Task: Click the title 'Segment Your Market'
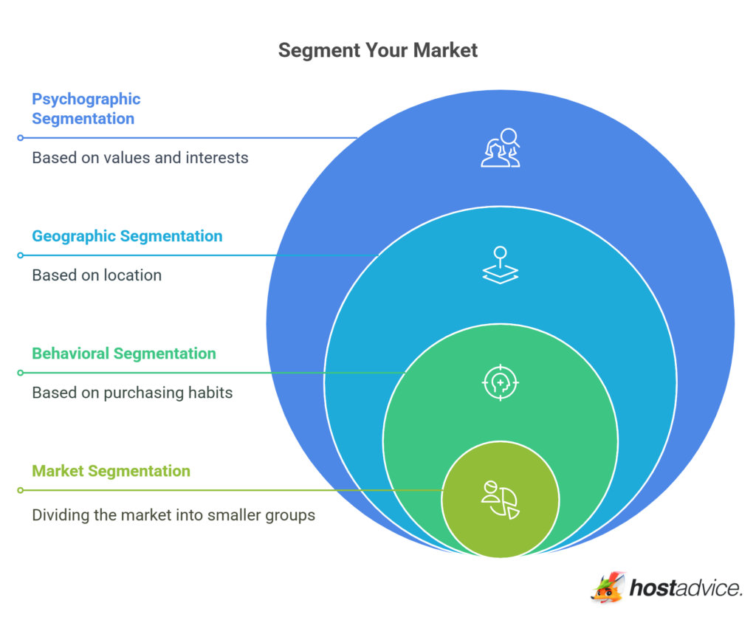click(x=377, y=50)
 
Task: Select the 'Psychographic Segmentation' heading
click(x=86, y=108)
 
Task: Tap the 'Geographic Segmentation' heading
click(x=127, y=236)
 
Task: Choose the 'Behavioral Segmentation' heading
click(x=124, y=354)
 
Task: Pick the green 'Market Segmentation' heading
click(x=111, y=471)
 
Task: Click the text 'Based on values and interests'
click(x=140, y=157)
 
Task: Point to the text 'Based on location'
click(x=97, y=275)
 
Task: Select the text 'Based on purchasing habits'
click(x=132, y=393)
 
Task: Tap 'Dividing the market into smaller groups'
click(x=173, y=514)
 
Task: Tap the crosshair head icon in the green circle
click(x=501, y=382)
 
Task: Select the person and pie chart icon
click(x=501, y=500)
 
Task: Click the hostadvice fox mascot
click(x=608, y=587)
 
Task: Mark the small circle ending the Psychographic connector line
click(x=21, y=138)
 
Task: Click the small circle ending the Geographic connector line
click(x=21, y=255)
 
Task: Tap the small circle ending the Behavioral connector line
click(x=21, y=373)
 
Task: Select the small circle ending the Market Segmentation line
click(x=21, y=490)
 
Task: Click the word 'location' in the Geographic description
click(x=133, y=275)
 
